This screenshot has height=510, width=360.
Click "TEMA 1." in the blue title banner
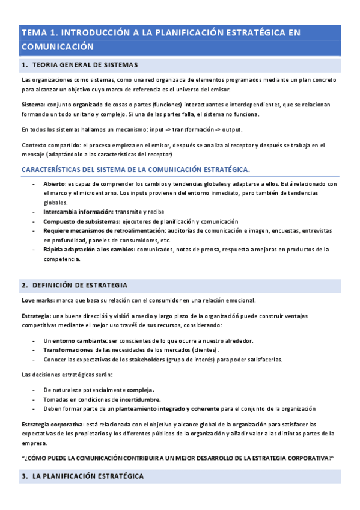[x=38, y=32]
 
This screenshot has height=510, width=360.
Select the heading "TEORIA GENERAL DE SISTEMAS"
[x=85, y=64]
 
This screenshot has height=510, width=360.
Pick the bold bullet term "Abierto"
[x=54, y=183]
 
